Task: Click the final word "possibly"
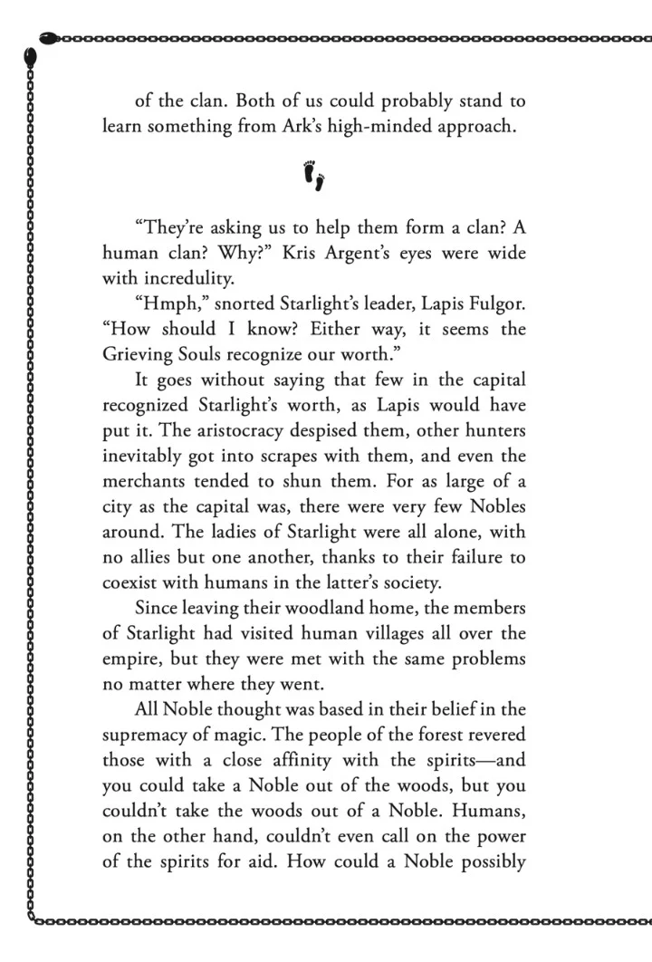click(x=488, y=860)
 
